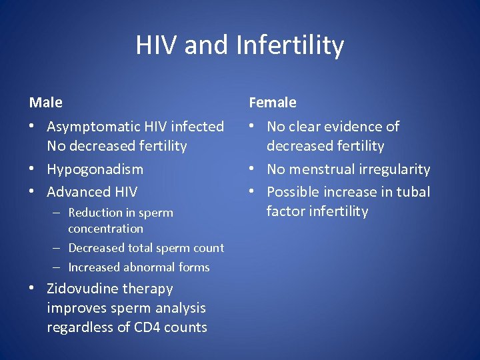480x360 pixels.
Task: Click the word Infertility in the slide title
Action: tap(290, 45)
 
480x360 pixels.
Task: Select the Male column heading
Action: tap(46, 103)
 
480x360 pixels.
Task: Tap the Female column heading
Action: tap(273, 103)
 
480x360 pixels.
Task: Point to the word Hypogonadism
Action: tap(95, 169)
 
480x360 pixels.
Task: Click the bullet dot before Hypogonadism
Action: tap(33, 169)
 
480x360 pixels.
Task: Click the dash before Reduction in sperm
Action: tap(59, 213)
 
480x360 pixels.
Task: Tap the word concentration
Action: tap(105, 229)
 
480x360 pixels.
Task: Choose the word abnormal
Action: tap(150, 267)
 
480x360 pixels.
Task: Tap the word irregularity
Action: tap(395, 169)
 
